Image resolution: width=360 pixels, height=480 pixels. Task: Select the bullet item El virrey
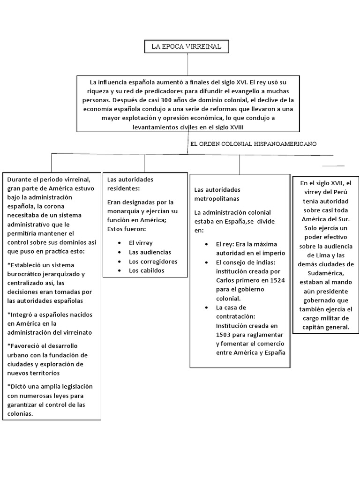click(141, 242)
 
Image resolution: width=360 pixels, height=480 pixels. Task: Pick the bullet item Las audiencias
click(150, 252)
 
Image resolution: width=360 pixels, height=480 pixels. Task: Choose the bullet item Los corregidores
click(153, 261)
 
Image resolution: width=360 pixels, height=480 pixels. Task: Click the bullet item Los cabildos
click(146, 270)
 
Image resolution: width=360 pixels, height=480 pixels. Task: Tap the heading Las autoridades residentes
click(130, 183)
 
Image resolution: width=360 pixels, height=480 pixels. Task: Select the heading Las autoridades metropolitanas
click(217, 194)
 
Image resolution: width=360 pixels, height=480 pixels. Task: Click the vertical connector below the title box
click(187, 63)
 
